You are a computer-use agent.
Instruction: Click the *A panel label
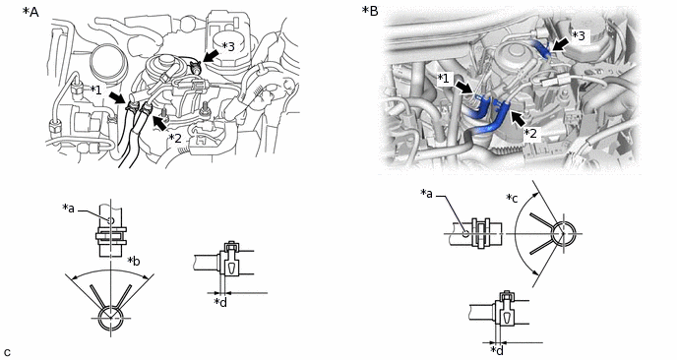tap(31, 12)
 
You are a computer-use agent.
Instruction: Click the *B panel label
tap(370, 11)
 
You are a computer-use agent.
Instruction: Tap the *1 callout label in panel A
tap(95, 90)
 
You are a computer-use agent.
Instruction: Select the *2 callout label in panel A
tap(175, 138)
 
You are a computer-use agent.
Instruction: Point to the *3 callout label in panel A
tap(228, 46)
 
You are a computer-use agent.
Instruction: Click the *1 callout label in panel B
tap(444, 79)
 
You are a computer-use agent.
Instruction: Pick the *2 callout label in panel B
tap(530, 134)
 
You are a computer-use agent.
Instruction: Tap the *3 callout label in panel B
tap(579, 35)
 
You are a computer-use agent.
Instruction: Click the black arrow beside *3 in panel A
tap(211, 56)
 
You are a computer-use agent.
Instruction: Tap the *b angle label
tap(134, 262)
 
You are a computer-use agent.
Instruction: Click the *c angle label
tap(512, 199)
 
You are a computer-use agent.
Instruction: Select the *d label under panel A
tap(220, 302)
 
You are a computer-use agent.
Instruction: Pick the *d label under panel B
tap(497, 350)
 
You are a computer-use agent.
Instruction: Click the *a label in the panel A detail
tap(68, 209)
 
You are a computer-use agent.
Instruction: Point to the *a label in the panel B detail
tap(427, 194)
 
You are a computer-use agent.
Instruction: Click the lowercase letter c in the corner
tap(7, 352)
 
